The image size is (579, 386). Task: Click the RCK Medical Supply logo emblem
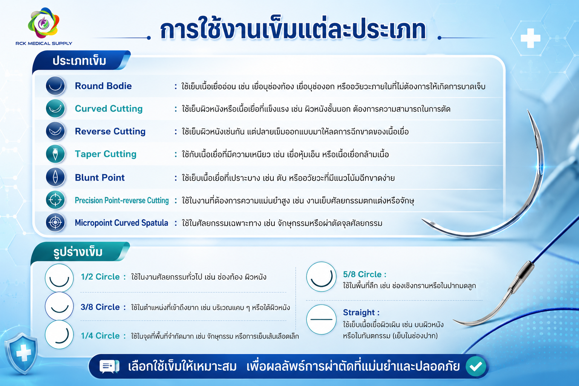point(44,23)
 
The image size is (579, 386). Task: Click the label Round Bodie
point(103,86)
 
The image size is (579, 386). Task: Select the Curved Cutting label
point(109,109)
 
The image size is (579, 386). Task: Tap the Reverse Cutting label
point(110,131)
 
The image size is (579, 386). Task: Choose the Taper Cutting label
point(106,154)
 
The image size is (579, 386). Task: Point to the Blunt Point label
point(100,178)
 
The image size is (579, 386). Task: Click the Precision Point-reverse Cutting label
point(121,201)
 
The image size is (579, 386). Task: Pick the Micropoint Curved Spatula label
point(121,223)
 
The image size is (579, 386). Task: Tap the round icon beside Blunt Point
point(55,177)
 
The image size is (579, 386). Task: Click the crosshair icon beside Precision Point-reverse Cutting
point(55,200)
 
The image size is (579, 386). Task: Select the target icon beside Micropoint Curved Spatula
point(55,222)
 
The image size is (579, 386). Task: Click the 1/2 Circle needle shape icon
point(59,278)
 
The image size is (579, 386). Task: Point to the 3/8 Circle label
point(100,307)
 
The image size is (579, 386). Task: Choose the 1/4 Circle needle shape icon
point(59,335)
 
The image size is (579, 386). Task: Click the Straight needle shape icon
point(321,320)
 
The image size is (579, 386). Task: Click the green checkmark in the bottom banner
point(476,366)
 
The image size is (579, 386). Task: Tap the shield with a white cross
point(22,353)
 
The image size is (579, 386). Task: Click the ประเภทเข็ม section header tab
point(81,61)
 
